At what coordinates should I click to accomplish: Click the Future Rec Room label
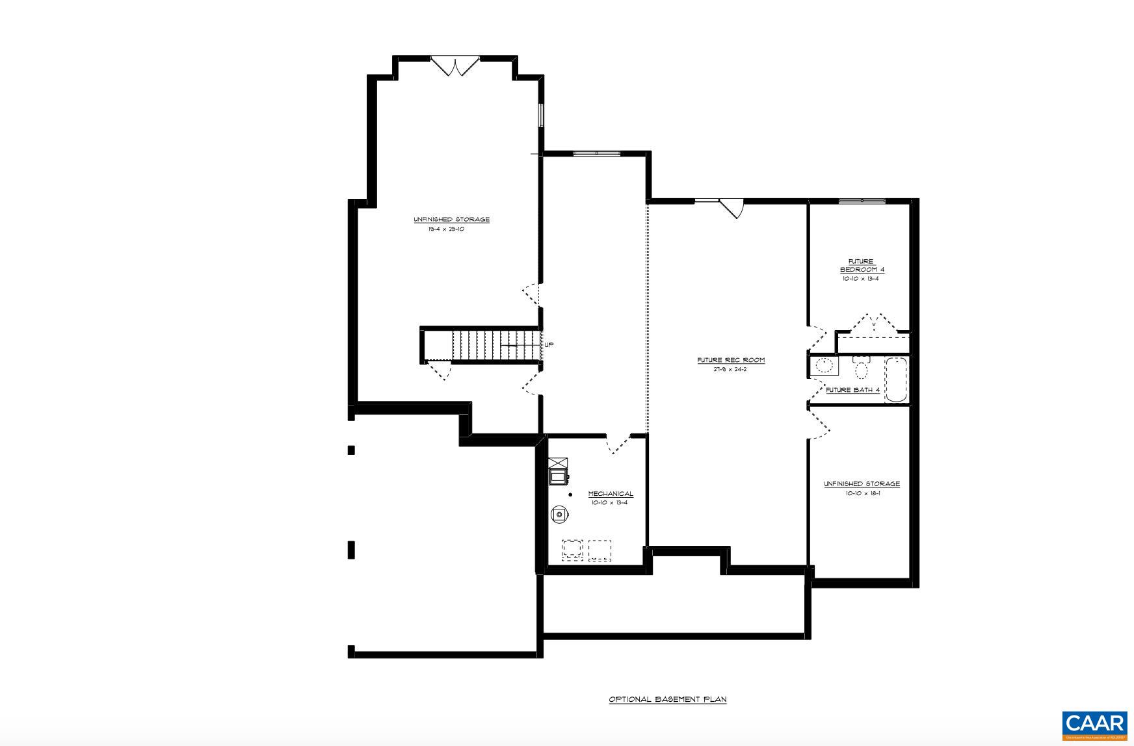(x=731, y=360)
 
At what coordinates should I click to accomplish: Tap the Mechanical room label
(x=610, y=494)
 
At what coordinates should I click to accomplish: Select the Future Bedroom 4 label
(x=862, y=266)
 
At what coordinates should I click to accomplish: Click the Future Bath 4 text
(x=852, y=391)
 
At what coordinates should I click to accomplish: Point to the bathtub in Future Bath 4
(x=895, y=380)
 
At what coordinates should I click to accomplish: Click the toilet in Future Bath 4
(x=861, y=368)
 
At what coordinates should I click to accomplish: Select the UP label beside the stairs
(x=549, y=345)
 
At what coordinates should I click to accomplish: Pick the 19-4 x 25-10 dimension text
(x=446, y=229)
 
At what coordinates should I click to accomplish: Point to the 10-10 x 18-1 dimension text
(x=862, y=493)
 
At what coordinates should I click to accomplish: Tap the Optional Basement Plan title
(x=667, y=700)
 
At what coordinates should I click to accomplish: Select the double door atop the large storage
(x=455, y=66)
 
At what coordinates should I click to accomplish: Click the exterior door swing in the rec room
(x=732, y=208)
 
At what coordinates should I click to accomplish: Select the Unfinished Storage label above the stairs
(x=451, y=220)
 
